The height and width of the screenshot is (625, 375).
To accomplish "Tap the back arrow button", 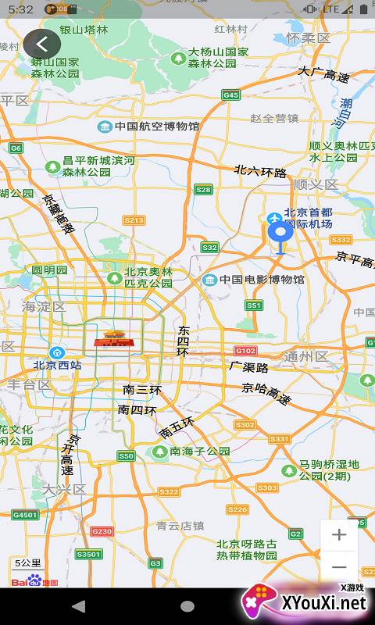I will click(42, 45).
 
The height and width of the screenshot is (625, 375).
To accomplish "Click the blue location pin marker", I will click(280, 233).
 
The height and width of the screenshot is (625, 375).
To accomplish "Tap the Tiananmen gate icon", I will click(113, 339).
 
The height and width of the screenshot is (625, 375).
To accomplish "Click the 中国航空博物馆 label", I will click(155, 127).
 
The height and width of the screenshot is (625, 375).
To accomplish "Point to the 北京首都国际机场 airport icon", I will click(274, 218).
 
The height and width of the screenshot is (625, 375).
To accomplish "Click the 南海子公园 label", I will click(199, 452).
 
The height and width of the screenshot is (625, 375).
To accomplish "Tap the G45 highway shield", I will click(230, 95).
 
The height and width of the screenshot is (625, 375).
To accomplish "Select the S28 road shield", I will click(204, 190).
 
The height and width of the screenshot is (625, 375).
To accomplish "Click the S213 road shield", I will click(134, 221).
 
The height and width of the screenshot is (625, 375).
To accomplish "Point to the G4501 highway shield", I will click(24, 515).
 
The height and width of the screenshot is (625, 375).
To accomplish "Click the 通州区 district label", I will click(305, 356).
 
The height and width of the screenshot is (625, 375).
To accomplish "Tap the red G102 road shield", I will click(246, 351).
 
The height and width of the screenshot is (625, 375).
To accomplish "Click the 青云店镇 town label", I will click(180, 526).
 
